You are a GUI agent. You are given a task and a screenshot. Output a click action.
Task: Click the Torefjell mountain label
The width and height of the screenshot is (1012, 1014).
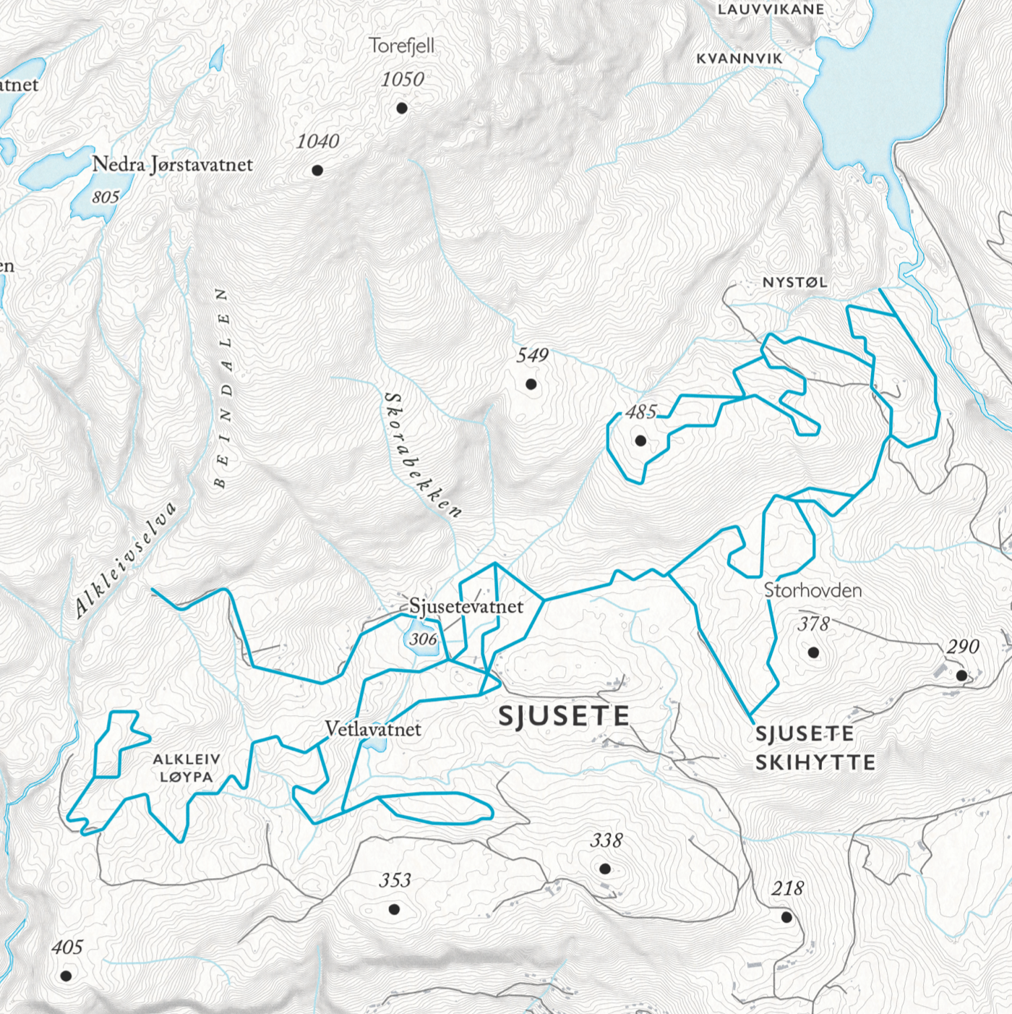(x=401, y=46)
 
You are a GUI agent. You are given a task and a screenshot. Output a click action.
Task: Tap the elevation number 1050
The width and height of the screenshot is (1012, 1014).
(x=403, y=79)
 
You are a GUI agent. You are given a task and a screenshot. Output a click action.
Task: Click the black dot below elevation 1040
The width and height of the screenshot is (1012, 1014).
(x=317, y=171)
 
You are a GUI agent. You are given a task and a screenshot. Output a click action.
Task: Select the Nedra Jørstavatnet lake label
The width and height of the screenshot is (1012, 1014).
(x=172, y=165)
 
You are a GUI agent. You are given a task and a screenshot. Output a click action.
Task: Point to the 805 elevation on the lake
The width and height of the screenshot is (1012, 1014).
(x=106, y=197)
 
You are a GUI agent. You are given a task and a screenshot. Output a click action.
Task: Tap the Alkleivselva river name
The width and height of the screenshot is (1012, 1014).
(x=126, y=561)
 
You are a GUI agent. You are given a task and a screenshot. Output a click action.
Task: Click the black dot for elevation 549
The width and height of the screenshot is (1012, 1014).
(x=531, y=384)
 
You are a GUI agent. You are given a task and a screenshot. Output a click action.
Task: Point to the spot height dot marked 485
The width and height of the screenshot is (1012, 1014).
(x=640, y=440)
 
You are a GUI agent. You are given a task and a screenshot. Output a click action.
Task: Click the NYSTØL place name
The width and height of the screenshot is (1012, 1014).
(x=794, y=283)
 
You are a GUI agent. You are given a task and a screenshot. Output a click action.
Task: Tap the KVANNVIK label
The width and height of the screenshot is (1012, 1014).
(x=739, y=59)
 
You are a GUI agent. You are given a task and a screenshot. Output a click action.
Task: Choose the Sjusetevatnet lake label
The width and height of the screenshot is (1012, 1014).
(x=466, y=606)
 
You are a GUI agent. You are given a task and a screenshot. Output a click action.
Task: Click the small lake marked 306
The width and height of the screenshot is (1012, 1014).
(x=421, y=641)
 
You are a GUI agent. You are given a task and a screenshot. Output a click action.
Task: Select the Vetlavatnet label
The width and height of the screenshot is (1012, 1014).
(x=373, y=729)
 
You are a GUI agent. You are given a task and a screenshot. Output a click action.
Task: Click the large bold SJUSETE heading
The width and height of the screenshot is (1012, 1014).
(x=564, y=716)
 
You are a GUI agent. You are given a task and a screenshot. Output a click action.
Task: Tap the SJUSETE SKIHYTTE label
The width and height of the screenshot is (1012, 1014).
(x=815, y=748)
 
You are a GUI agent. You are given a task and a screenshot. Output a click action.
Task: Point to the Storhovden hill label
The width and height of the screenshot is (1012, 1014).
(x=812, y=590)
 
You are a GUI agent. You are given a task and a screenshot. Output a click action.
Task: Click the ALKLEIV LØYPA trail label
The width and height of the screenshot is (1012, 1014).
(x=186, y=768)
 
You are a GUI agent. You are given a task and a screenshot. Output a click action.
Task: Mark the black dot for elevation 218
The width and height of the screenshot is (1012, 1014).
(x=786, y=917)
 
